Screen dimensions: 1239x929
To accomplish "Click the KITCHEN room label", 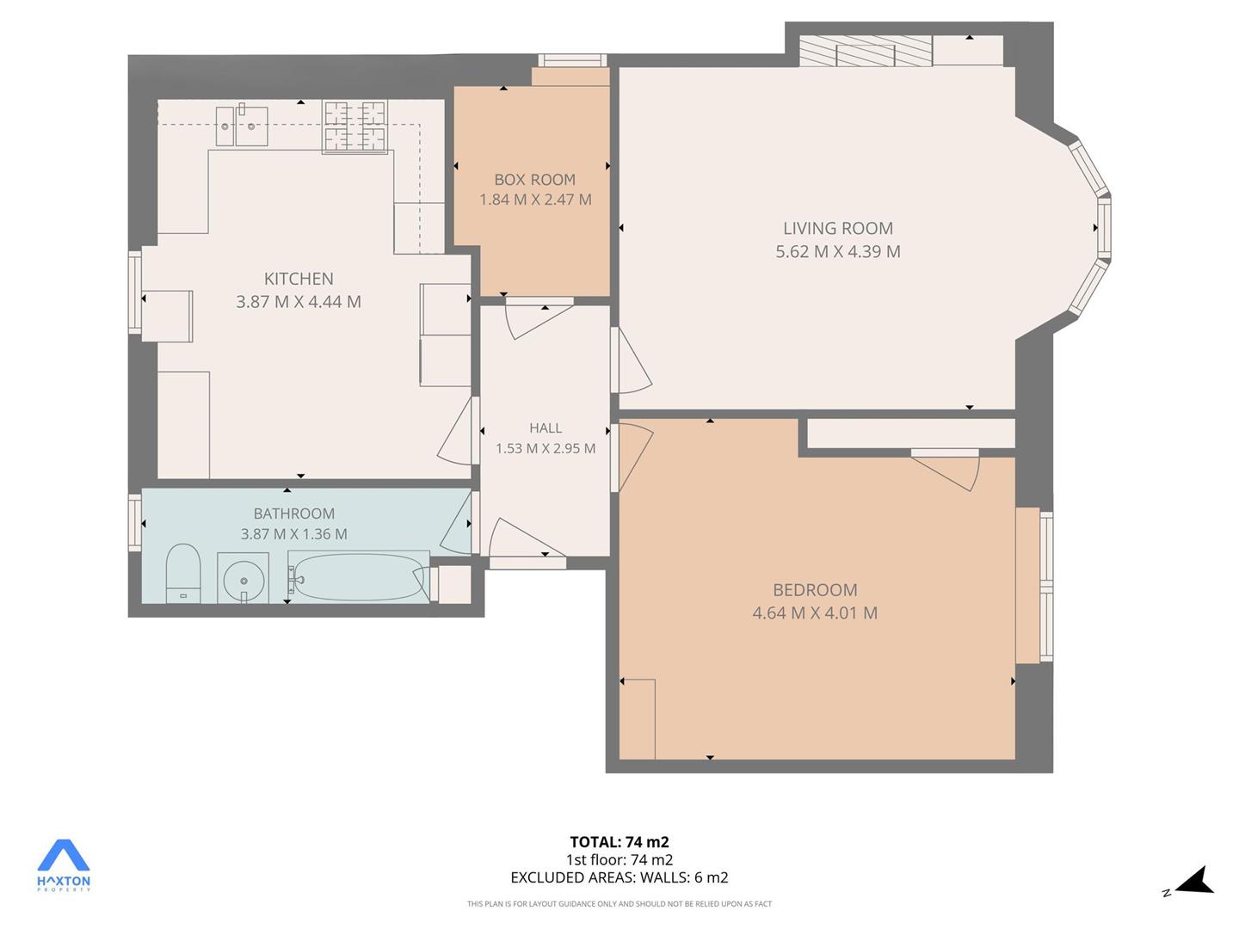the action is [x=299, y=279].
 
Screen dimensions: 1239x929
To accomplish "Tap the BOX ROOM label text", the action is [x=534, y=180].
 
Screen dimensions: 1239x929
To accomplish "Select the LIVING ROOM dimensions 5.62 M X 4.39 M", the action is [x=838, y=251].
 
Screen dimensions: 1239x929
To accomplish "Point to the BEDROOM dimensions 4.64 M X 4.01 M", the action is [x=815, y=612].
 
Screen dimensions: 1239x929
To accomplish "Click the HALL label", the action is [x=546, y=428].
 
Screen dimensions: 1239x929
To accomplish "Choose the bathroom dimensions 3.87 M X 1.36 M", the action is [x=293, y=533].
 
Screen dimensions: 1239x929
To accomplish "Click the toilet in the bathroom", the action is [x=183, y=573].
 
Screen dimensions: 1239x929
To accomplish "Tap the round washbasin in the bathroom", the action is [x=243, y=579].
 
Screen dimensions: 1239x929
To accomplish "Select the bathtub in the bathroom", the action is [x=359, y=576].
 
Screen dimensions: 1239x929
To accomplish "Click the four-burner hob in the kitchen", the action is [x=355, y=126].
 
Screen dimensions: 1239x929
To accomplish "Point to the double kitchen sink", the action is [x=242, y=126].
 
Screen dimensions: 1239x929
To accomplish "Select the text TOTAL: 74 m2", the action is [x=619, y=842].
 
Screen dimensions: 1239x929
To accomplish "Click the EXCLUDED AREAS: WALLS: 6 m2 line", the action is [x=619, y=877].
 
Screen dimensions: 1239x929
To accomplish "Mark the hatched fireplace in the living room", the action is [x=866, y=51].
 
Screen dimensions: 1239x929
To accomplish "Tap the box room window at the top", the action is [x=572, y=60].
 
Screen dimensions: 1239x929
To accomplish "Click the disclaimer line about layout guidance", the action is [x=619, y=903].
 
